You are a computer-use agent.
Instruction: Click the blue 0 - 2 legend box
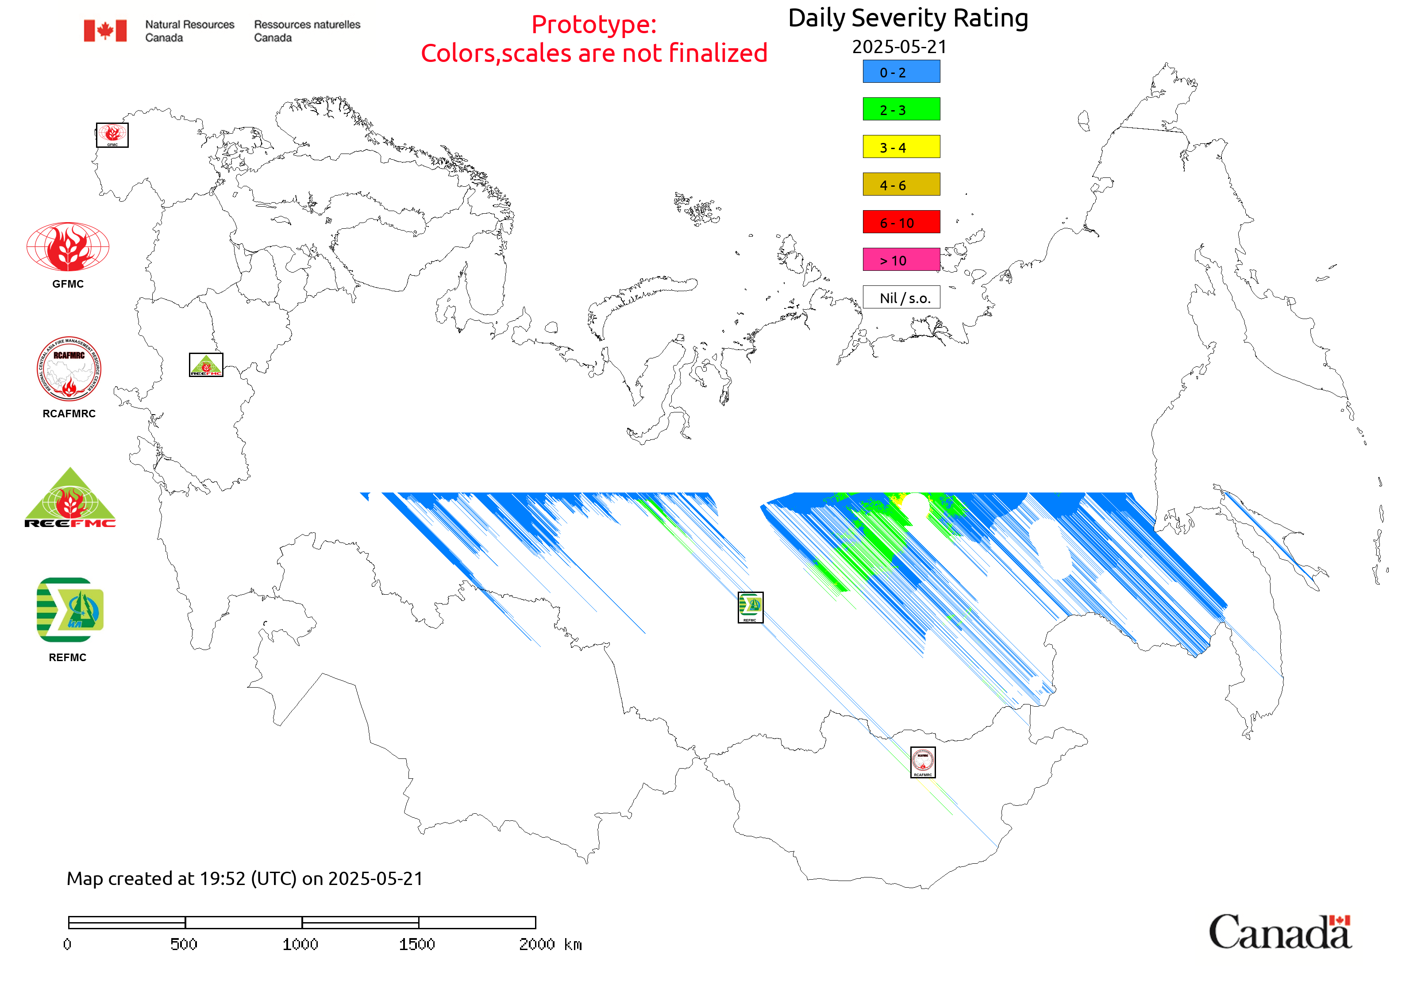(x=901, y=72)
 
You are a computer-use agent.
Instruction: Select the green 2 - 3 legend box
(x=901, y=109)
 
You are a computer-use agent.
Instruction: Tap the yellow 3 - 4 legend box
(x=901, y=147)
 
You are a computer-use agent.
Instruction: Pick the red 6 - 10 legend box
(x=901, y=222)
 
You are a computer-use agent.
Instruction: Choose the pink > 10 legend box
(x=901, y=260)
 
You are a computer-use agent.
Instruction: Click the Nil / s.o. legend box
(x=901, y=297)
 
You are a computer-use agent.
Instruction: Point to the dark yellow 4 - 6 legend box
(x=901, y=185)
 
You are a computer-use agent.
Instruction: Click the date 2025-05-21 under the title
(x=899, y=47)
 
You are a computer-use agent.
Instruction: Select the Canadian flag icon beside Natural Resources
(x=105, y=30)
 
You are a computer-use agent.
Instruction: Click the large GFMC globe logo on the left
(x=68, y=247)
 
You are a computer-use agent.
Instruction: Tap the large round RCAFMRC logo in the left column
(x=69, y=369)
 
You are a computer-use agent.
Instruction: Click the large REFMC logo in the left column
(x=70, y=610)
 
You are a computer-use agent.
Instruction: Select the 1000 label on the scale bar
(x=300, y=944)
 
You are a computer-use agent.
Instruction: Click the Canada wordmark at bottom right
(x=1280, y=931)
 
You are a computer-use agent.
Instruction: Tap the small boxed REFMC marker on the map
(x=750, y=607)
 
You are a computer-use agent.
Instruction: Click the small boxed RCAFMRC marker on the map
(x=922, y=762)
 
